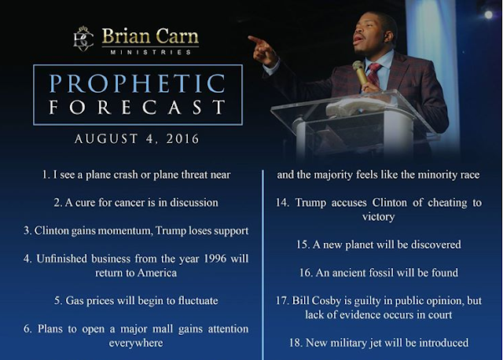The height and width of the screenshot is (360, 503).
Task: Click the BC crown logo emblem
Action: [x=84, y=39]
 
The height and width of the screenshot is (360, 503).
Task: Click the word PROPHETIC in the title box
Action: [x=138, y=84]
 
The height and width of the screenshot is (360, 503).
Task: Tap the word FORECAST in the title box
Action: [x=138, y=107]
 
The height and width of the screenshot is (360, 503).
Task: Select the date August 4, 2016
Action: [x=137, y=139]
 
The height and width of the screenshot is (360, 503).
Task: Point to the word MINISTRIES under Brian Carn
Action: [x=151, y=53]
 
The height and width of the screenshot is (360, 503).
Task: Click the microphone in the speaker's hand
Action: [x=361, y=72]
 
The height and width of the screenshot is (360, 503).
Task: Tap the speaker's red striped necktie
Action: [x=374, y=75]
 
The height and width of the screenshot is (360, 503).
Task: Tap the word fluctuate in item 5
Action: [x=198, y=300]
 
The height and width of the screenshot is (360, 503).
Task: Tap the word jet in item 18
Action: [x=376, y=343]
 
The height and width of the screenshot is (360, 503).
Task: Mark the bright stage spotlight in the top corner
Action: [x=488, y=14]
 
